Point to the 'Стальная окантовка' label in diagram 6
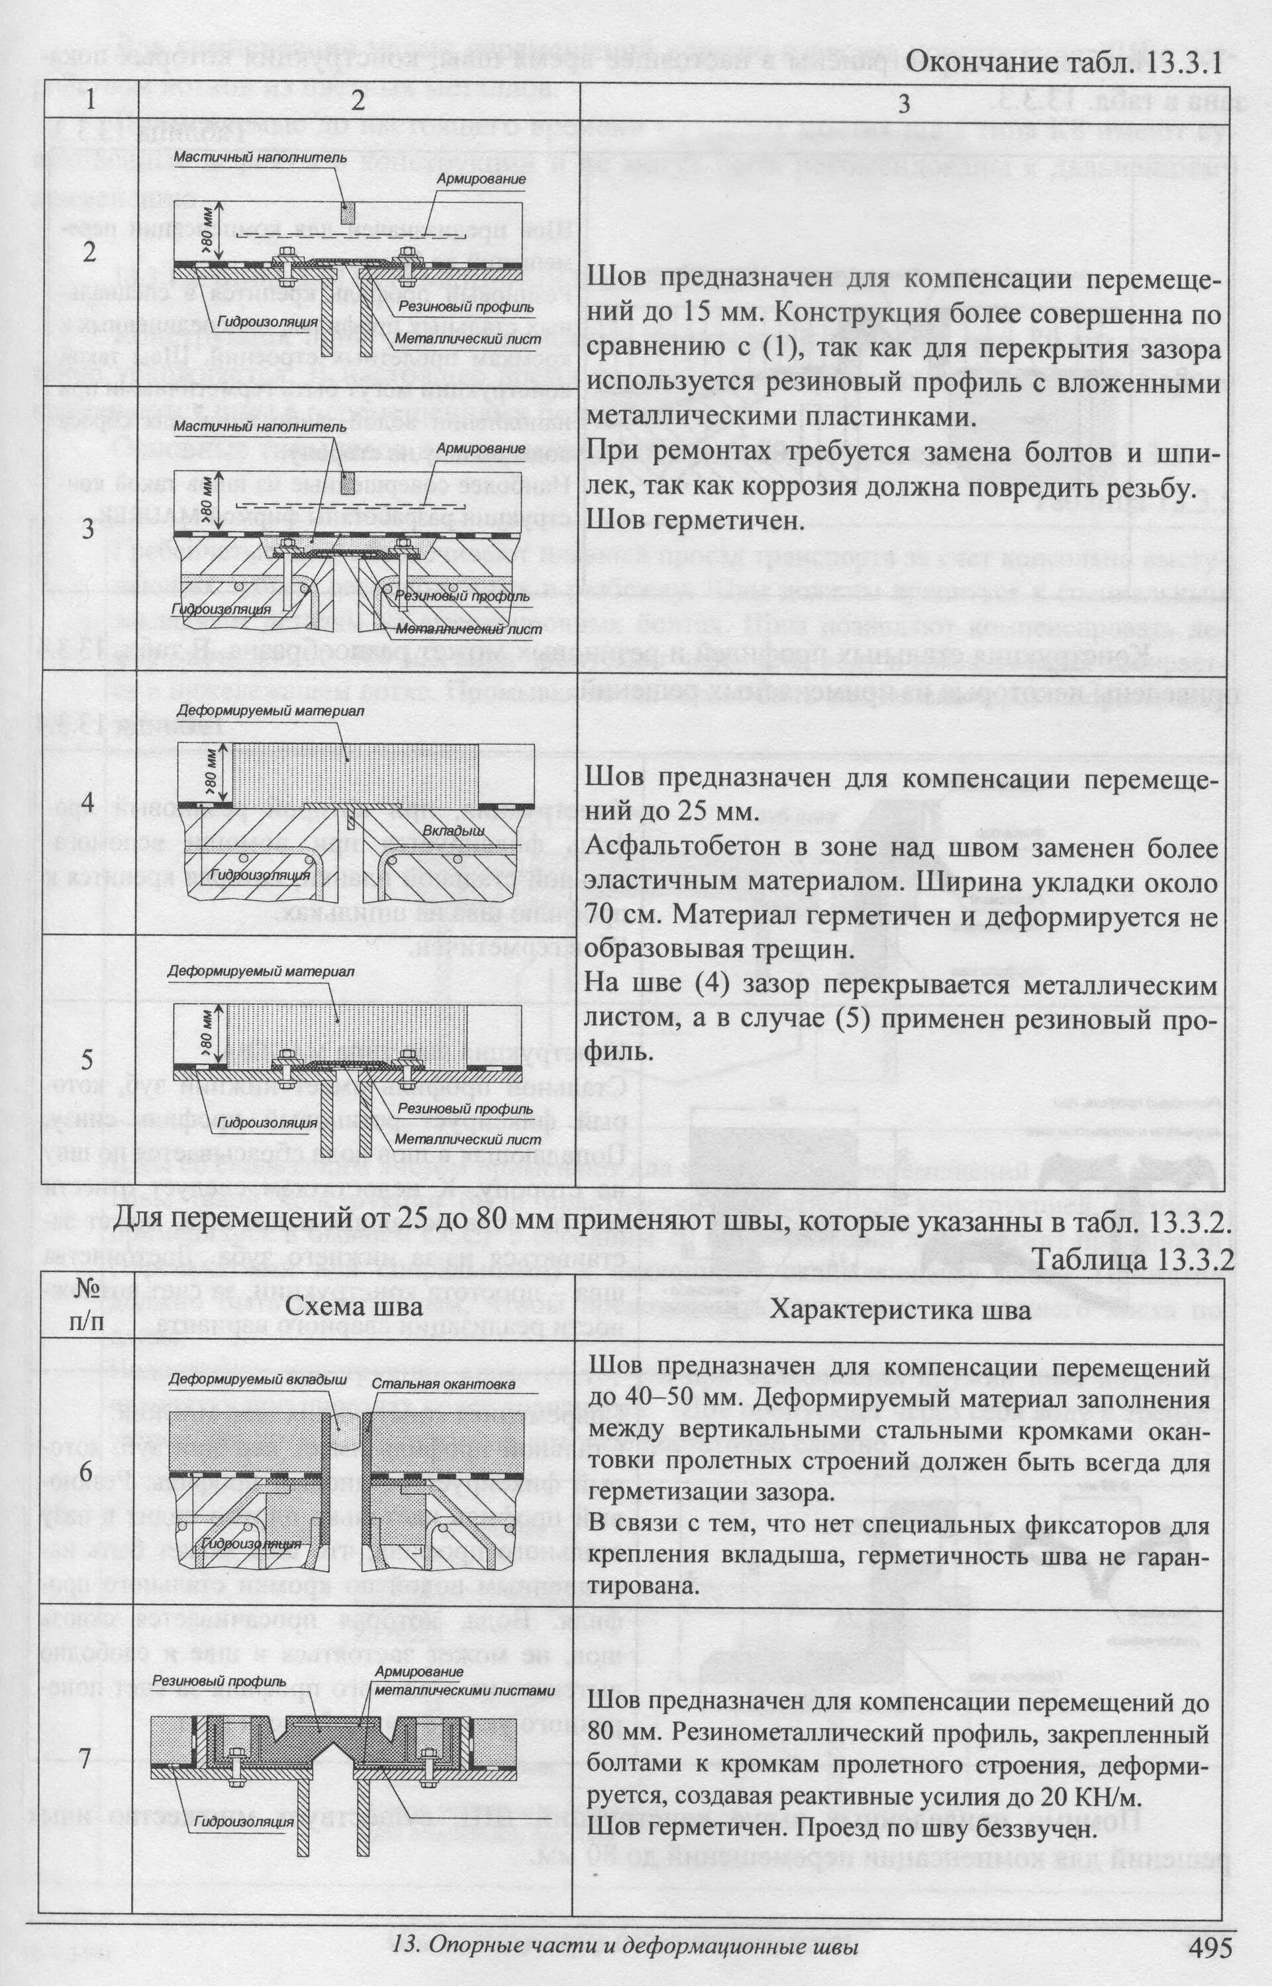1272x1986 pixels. (444, 1383)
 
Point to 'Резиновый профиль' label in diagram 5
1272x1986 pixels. (465, 1109)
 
